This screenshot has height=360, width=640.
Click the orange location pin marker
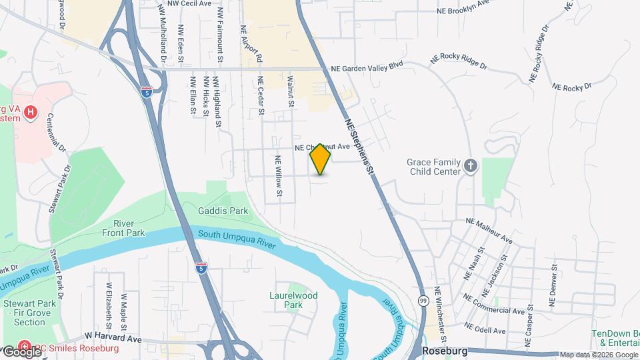[x=321, y=159]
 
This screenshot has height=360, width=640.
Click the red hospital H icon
[x=30, y=113]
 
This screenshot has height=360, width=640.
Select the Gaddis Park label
[x=223, y=211]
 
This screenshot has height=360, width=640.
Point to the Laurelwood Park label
[x=293, y=300]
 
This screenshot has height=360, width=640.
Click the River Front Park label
[x=123, y=228]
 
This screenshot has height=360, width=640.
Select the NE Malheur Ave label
[x=489, y=229]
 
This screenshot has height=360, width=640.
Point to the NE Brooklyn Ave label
[x=463, y=10]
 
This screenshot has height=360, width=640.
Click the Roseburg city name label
[x=446, y=349]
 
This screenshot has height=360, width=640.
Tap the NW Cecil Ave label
[x=189, y=3]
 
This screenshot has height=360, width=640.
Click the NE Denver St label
[x=553, y=285]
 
